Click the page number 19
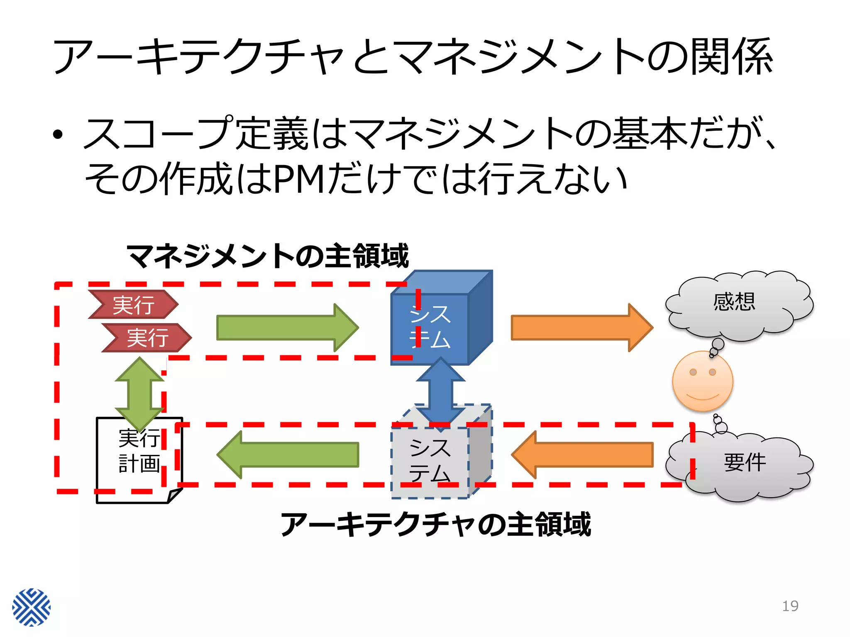point(790,606)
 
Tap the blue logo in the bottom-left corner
point(31,607)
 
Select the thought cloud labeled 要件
point(743,467)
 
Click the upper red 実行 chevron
point(133,305)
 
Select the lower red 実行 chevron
point(147,338)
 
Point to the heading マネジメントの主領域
point(268,256)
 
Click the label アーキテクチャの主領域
point(436,524)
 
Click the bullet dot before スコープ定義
point(58,134)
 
